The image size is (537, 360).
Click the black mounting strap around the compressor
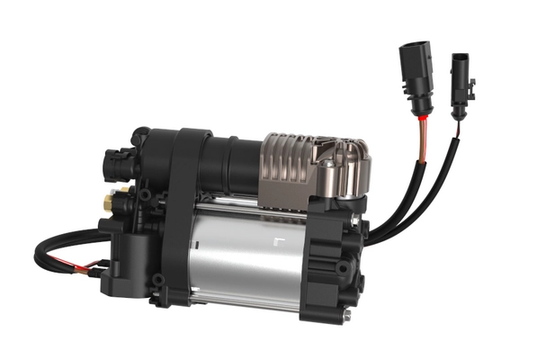(184, 211)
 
